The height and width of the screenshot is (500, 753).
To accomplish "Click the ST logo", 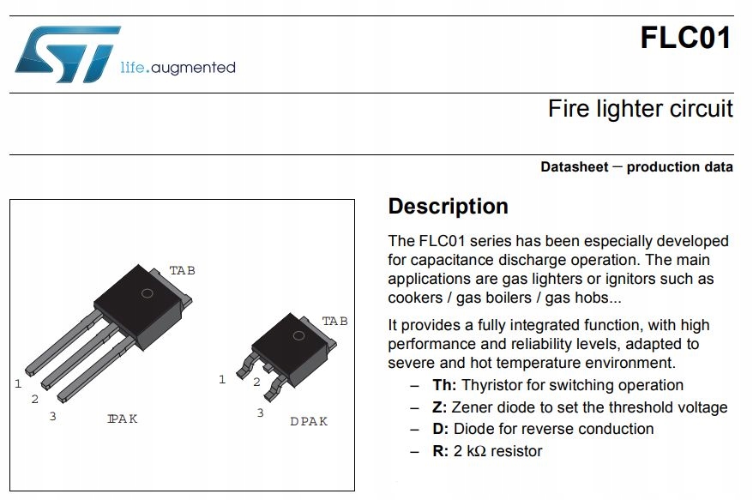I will tap(67, 54).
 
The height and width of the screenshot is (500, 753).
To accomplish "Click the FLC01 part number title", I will tap(685, 39).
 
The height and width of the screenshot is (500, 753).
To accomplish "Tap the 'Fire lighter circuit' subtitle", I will tap(640, 109).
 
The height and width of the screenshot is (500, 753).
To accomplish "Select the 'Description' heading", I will tap(448, 207).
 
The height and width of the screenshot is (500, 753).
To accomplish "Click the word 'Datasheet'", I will tap(573, 167).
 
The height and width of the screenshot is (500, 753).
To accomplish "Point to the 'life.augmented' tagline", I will tap(178, 67).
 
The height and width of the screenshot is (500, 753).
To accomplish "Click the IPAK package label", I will tap(123, 419).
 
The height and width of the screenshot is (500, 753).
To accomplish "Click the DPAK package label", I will tap(308, 421).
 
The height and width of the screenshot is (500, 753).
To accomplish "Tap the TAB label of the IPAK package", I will tap(182, 270).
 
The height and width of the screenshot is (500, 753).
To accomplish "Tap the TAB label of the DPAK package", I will tap(334, 321).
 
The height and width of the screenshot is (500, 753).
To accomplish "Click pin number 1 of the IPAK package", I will tap(18, 383).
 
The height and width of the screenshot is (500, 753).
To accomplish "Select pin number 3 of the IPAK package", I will tap(52, 416).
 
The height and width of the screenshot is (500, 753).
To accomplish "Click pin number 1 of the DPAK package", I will tap(222, 379).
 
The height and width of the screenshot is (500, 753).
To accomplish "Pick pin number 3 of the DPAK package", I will tap(260, 413).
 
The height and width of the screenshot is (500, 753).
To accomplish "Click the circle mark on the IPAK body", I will tap(147, 294).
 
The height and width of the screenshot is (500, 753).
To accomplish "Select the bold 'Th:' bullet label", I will tap(444, 386).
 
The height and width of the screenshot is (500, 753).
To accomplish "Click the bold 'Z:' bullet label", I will tap(440, 407).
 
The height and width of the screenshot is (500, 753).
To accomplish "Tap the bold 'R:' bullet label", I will tap(440, 451).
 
